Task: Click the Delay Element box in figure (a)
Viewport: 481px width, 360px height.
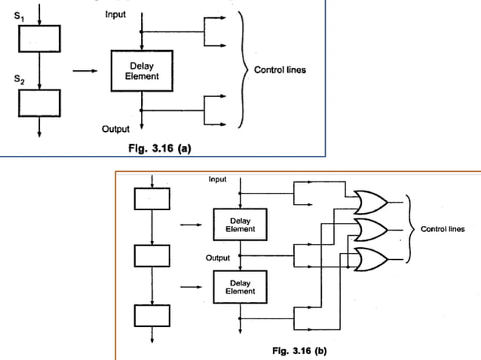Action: coord(141,72)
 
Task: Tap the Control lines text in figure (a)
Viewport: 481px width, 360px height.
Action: coord(280,71)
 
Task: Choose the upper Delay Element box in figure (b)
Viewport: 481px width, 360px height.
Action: coord(242,224)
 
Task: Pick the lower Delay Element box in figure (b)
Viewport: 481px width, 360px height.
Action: coord(242,287)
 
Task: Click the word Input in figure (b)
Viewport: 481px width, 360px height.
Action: coord(219,179)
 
